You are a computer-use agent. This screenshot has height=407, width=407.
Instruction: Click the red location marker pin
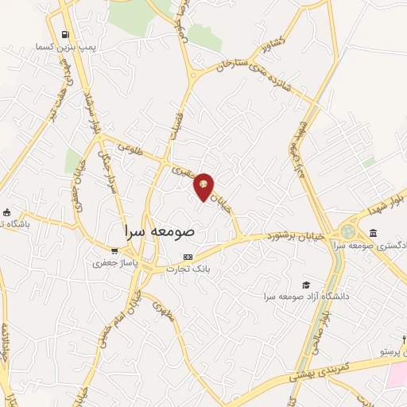(204, 186)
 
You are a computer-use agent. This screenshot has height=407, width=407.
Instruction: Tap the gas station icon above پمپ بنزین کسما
(64, 35)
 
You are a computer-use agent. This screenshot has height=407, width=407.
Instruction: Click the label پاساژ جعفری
(115, 262)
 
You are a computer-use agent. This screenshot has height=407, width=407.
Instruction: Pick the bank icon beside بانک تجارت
(188, 257)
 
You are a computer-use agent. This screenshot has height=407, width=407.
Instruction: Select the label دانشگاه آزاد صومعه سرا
(307, 297)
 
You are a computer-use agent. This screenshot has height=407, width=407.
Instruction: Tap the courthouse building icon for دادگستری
(373, 232)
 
